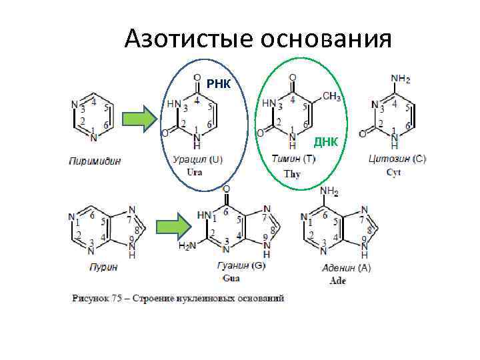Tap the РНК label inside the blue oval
click(x=218, y=84)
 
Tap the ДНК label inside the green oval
click(x=326, y=142)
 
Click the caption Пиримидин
click(x=94, y=160)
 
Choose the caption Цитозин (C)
click(x=397, y=160)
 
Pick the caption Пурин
click(x=103, y=267)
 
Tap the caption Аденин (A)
click(x=346, y=268)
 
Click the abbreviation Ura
click(x=194, y=172)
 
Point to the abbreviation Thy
click(x=292, y=174)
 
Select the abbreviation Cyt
click(x=394, y=172)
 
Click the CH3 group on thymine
click(x=331, y=97)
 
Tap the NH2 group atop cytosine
click(x=400, y=79)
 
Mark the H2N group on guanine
click(x=187, y=246)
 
